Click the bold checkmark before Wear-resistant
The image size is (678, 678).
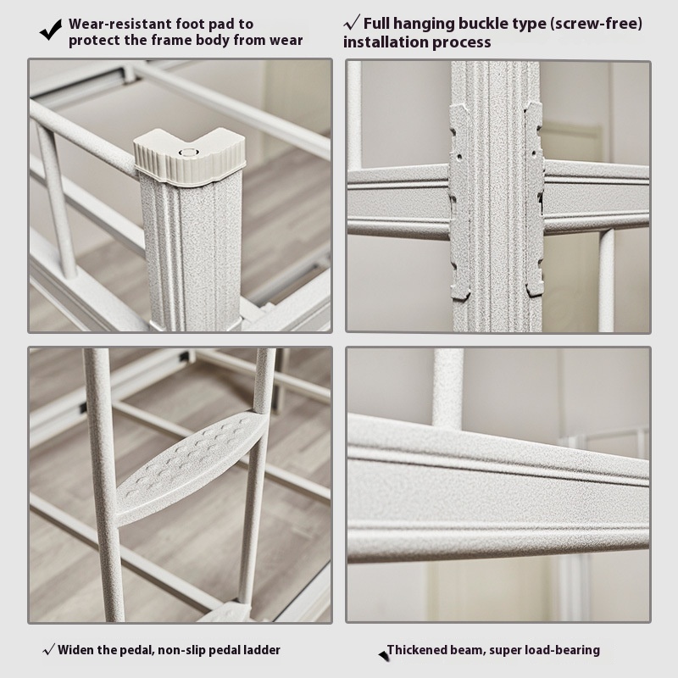51,30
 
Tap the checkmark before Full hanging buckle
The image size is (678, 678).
352,22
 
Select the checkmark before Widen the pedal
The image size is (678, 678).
49,649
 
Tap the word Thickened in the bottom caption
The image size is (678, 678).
417,650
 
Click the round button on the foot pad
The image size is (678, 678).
187,153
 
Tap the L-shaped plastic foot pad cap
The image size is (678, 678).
189,157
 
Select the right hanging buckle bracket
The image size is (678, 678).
535,199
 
